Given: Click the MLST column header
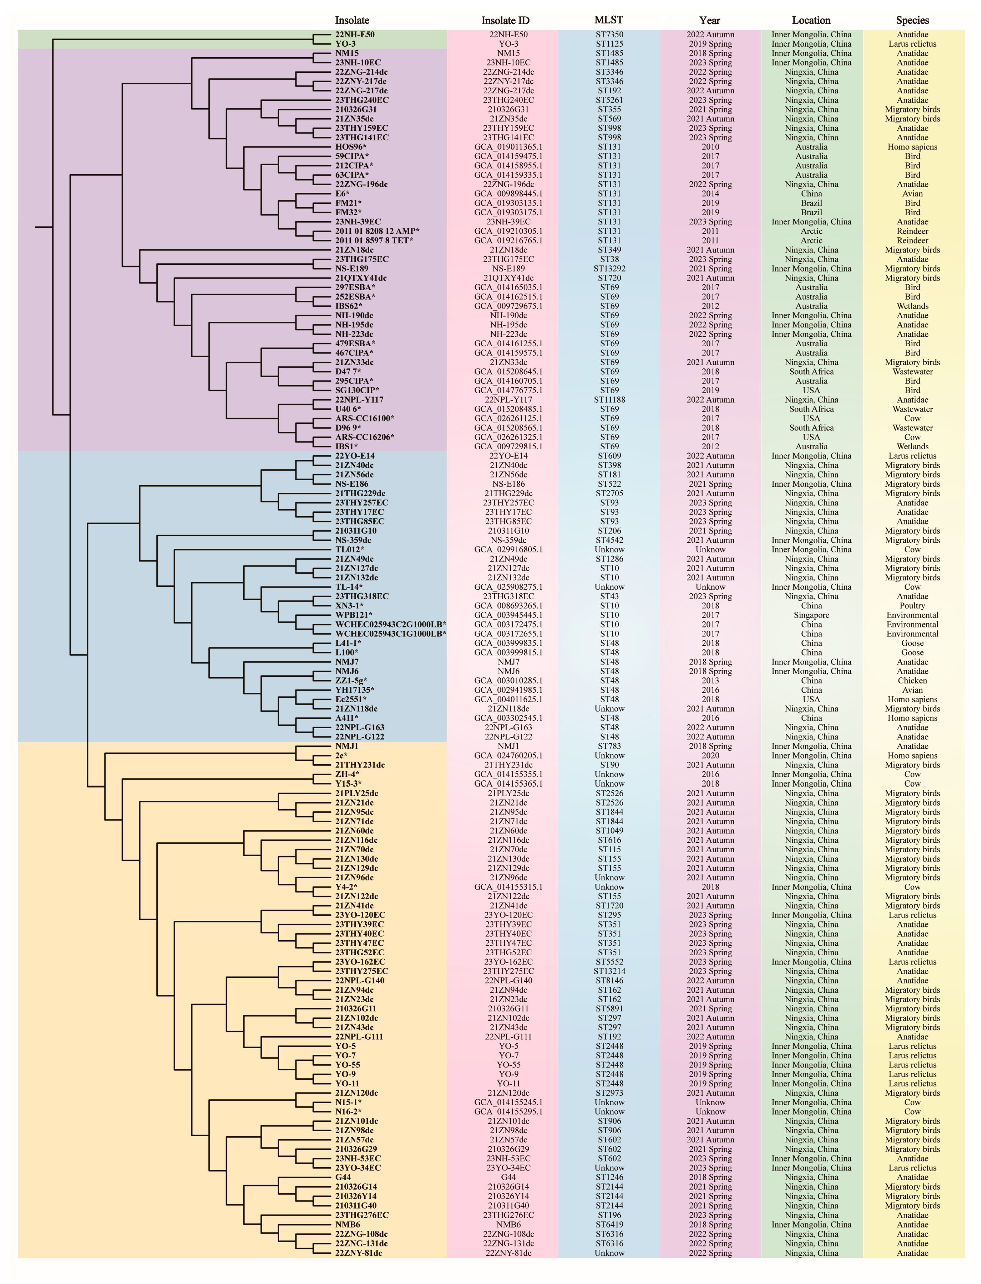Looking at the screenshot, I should click(x=608, y=20).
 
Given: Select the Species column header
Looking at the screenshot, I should click(x=912, y=20).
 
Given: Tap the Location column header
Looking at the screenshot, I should click(x=811, y=20).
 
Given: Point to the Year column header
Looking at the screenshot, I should click(x=709, y=20).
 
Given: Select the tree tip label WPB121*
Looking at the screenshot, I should click(x=353, y=615).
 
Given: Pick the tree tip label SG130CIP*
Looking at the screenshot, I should click(x=357, y=390).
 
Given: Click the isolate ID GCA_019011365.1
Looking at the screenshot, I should click(x=508, y=146).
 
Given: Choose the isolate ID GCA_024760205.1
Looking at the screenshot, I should click(x=508, y=756).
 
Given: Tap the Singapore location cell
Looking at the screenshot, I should click(x=811, y=615).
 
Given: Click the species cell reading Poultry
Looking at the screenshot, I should click(x=912, y=605).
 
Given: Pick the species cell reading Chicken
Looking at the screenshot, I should click(x=912, y=680).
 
